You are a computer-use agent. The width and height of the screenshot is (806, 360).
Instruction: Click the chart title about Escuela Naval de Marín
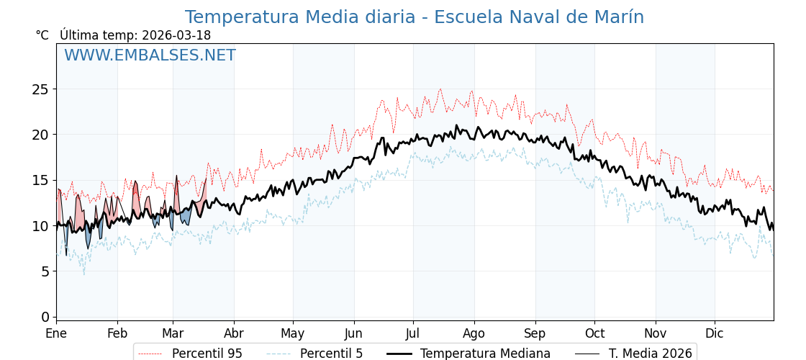click(x=414, y=17)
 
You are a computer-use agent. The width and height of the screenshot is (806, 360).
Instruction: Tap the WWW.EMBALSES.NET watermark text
click(x=150, y=56)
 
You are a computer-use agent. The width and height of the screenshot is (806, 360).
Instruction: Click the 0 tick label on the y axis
click(x=45, y=317)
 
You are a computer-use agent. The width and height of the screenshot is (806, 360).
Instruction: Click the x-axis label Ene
click(x=56, y=333)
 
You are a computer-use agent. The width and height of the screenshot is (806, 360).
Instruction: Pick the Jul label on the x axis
click(x=413, y=333)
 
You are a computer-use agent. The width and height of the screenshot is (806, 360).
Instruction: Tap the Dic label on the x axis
click(x=715, y=333)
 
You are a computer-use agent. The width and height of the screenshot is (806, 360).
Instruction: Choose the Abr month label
click(x=234, y=333)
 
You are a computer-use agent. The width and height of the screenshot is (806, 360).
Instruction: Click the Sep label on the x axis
click(x=535, y=333)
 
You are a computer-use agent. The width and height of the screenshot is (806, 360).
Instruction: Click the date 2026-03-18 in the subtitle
click(x=176, y=35)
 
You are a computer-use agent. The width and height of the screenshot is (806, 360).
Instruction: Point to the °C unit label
click(x=42, y=35)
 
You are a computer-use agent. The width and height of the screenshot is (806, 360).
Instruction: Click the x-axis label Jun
click(x=353, y=333)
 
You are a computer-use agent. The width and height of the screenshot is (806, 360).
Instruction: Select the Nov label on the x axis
click(x=656, y=333)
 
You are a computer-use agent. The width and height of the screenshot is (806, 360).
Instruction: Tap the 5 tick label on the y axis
click(x=45, y=271)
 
